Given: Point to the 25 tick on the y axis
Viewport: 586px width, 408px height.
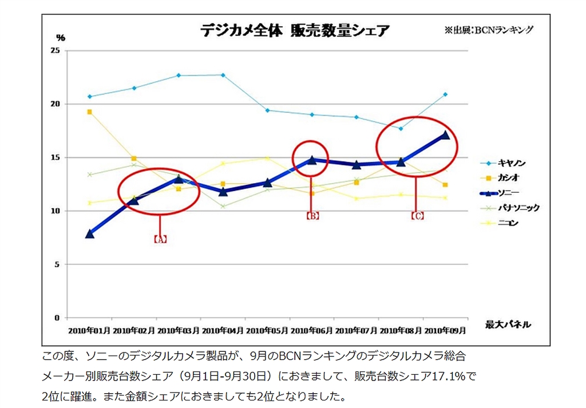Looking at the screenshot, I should click(55, 51).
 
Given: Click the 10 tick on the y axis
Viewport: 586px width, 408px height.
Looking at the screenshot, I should click(55, 211).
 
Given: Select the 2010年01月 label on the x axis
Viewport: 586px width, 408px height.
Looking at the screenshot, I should click(89, 331).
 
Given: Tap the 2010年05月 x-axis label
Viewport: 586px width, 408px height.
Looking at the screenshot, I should click(268, 331).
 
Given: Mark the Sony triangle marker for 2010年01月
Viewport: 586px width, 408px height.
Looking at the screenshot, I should click(90, 233).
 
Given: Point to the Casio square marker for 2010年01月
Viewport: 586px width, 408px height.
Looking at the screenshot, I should click(90, 112).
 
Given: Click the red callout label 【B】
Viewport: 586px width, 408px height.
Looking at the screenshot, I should click(312, 216).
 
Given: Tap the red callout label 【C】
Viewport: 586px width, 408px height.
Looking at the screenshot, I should click(417, 216).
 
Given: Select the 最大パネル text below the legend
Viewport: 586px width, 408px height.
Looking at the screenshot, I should click(508, 325).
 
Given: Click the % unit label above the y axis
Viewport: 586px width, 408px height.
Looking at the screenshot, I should click(61, 38).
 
